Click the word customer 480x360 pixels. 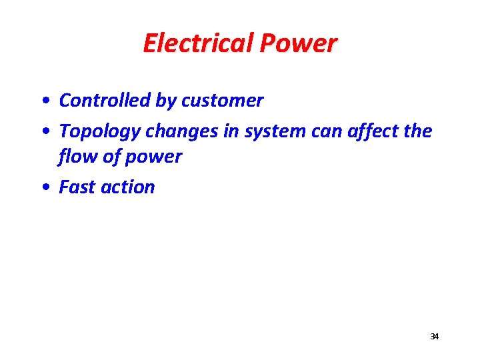click(223, 101)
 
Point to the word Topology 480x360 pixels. click(99, 132)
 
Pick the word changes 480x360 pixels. click(177, 132)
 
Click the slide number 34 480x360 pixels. click(435, 337)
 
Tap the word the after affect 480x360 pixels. click(417, 131)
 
